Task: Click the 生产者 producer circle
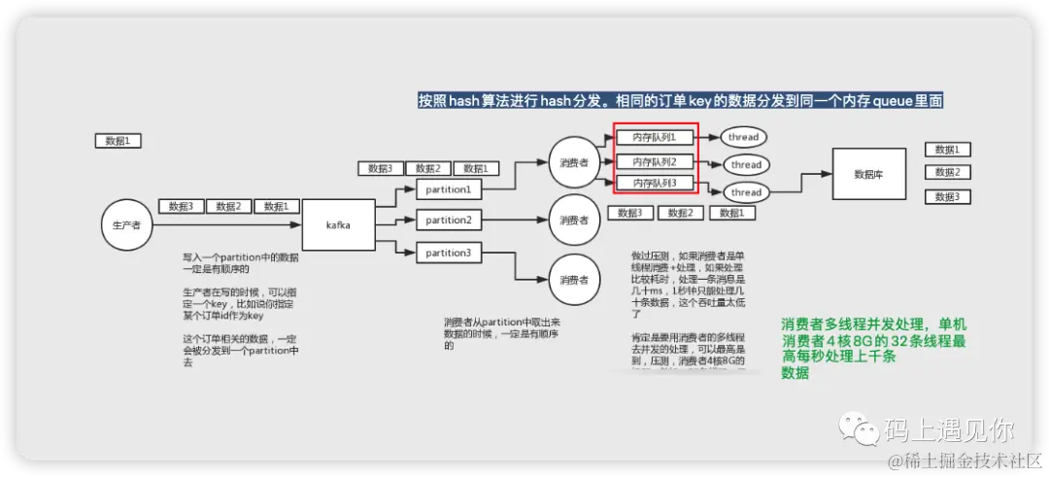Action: tap(127, 225)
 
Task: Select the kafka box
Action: tap(339, 224)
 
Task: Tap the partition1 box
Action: tap(448, 190)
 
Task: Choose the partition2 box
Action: tap(448, 221)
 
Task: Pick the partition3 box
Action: tap(448, 253)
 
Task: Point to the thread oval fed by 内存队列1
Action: tap(744, 138)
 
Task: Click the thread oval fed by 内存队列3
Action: tap(746, 192)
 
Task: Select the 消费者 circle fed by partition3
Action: tap(574, 280)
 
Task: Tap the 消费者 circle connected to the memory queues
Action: tap(574, 163)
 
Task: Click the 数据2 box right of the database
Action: tap(947, 172)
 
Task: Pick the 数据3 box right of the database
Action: tap(947, 196)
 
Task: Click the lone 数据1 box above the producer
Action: tap(118, 141)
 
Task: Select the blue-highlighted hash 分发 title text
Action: tap(680, 100)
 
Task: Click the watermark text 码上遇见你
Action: tap(948, 428)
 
